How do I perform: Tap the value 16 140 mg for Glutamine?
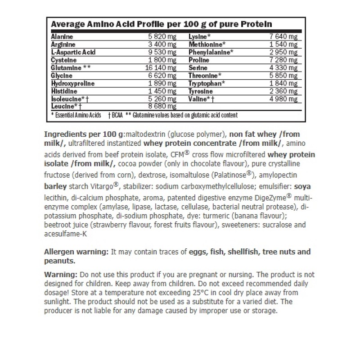(163, 67)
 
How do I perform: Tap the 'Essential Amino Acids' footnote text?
(77, 115)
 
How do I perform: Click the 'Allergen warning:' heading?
(76, 252)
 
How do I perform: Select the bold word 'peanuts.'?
(60, 261)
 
